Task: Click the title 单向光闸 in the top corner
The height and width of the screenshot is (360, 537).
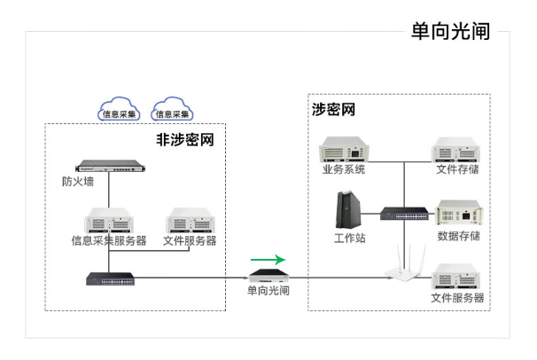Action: pyautogui.click(x=450, y=31)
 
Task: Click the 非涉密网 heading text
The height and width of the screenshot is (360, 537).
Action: pyautogui.click(x=185, y=139)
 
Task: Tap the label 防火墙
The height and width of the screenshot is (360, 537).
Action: pyautogui.click(x=78, y=183)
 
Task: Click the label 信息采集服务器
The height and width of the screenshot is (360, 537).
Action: pyautogui.click(x=108, y=241)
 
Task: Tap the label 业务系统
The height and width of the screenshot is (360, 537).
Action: pyautogui.click(x=343, y=169)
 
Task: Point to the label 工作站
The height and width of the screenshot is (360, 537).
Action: pyautogui.click(x=349, y=238)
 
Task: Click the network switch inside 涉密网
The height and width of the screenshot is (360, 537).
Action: pyautogui.click(x=403, y=213)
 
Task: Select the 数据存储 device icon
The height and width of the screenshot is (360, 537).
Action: pyautogui.click(x=458, y=214)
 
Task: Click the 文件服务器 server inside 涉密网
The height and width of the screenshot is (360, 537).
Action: pyautogui.click(x=457, y=278)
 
